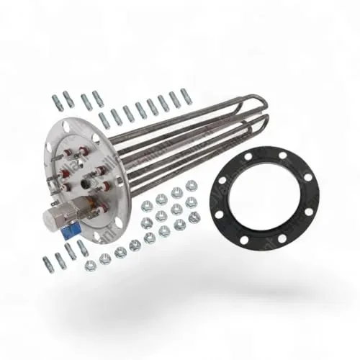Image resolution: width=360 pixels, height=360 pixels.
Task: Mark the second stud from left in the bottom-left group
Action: pyautogui.click(x=60, y=258)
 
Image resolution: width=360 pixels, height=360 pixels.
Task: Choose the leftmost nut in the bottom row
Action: pyautogui.click(x=90, y=265)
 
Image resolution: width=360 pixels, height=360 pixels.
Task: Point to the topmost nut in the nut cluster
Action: pyautogui.click(x=190, y=185)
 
